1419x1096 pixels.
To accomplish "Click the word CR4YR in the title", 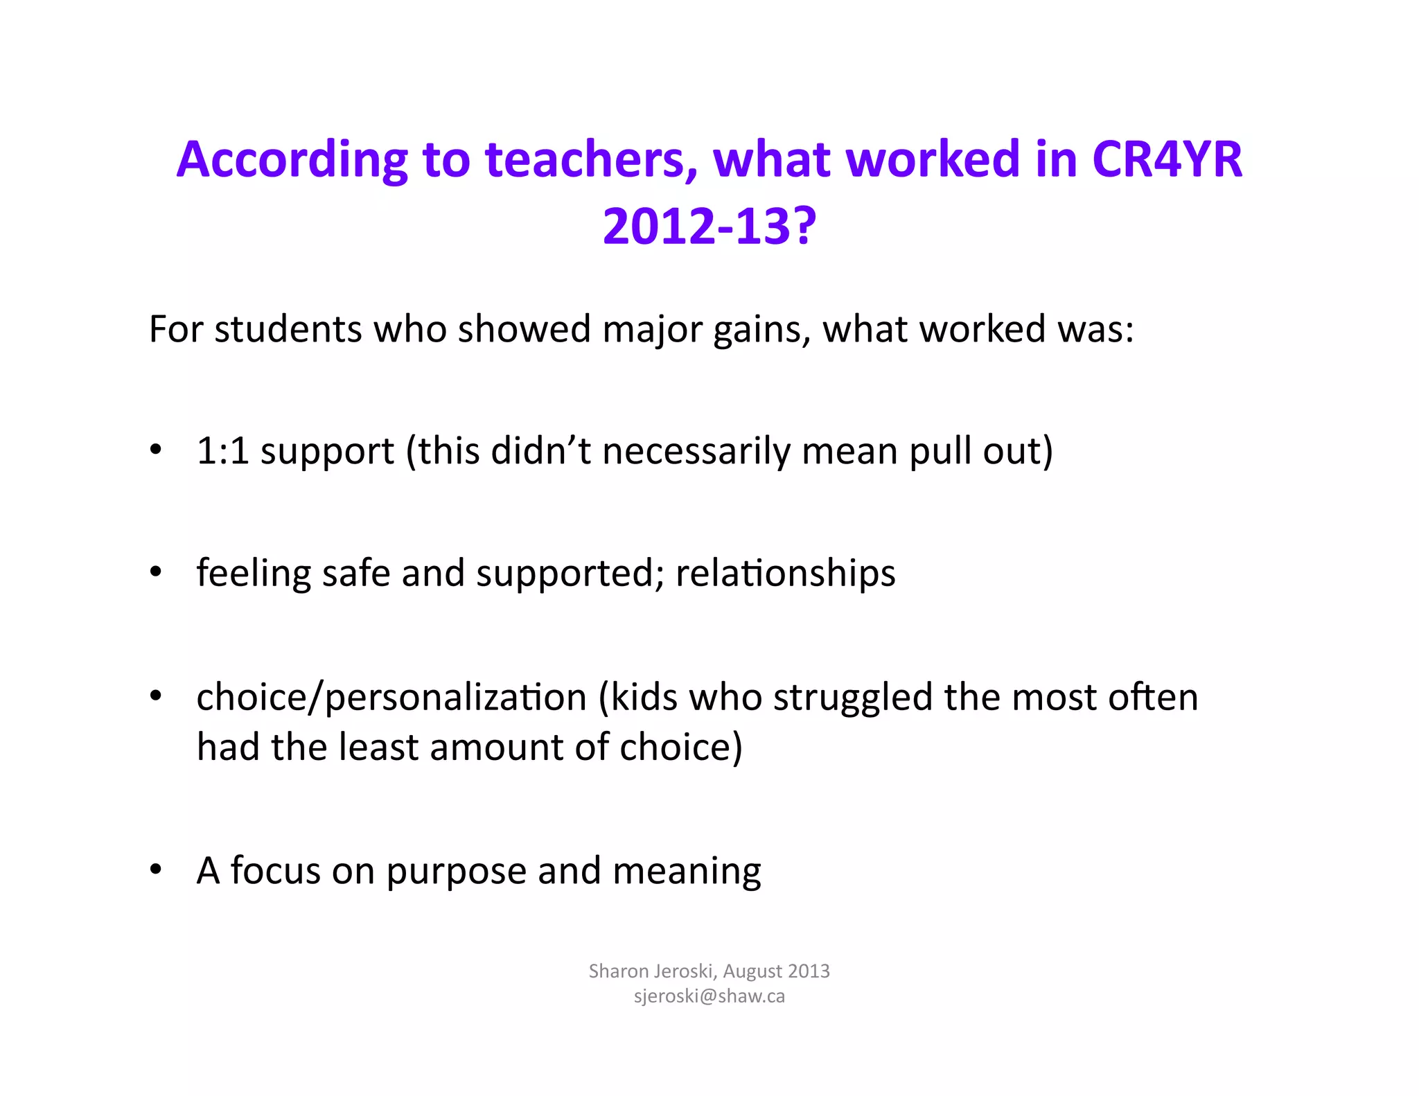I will (1167, 159).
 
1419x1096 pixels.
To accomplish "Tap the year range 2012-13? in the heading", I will (709, 227).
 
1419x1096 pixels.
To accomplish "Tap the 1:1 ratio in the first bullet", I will (222, 451).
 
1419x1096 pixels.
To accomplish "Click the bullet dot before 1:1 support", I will (156, 450).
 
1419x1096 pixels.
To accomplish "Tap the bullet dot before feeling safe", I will (156, 572).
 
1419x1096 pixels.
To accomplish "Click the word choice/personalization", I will (391, 698).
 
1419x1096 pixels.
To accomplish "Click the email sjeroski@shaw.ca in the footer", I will (709, 996).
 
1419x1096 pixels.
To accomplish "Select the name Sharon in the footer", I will (618, 971).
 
